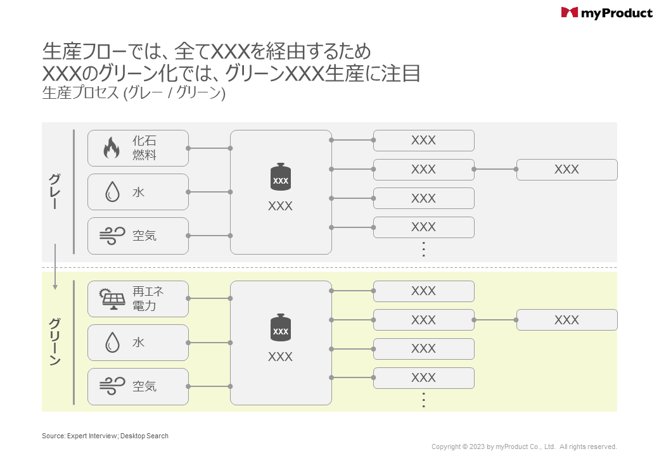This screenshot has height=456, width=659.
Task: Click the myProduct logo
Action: [606, 13]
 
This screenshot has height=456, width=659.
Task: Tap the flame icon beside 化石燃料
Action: [112, 148]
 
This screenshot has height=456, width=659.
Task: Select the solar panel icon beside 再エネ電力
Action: [112, 299]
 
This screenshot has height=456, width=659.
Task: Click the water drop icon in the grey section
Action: [112, 192]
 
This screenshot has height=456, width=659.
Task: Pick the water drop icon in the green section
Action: [112, 343]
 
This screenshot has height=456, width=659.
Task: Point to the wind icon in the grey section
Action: [112, 236]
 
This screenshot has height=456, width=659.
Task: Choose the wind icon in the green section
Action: [112, 386]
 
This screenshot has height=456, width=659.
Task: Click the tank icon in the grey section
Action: [280, 178]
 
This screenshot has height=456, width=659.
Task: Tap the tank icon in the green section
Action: [280, 329]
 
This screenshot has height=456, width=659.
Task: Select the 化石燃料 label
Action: [144, 148]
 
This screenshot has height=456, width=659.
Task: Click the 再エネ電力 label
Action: [148, 299]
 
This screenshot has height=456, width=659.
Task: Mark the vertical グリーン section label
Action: [55, 342]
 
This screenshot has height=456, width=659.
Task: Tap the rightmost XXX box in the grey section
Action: [566, 170]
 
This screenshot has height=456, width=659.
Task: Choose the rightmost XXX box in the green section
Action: [566, 320]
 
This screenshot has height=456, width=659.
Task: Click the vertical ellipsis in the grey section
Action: [424, 250]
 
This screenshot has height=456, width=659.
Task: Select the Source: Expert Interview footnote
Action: [105, 436]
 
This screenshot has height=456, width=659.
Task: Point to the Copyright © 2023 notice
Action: [524, 446]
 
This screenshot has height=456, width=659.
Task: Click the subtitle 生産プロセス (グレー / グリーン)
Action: [134, 93]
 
